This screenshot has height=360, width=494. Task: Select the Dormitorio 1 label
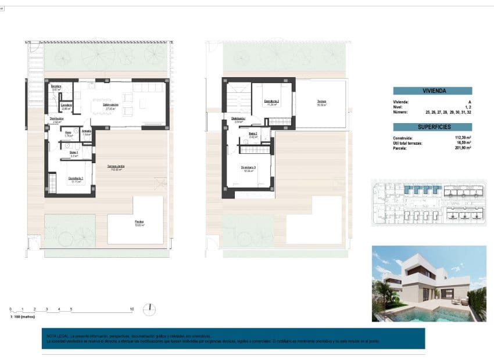click(x=76, y=178)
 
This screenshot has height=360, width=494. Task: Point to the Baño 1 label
click(x=74, y=153)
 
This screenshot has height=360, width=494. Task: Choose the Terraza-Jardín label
click(x=117, y=167)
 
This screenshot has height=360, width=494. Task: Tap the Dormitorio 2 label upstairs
click(x=272, y=102)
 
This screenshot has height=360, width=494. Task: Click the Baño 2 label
click(x=253, y=134)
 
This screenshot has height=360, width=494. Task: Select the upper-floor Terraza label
click(x=321, y=102)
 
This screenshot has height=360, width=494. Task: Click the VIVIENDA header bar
click(x=432, y=91)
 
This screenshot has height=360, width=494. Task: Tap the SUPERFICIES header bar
click(x=432, y=127)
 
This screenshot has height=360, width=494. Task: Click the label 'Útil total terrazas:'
click(x=410, y=143)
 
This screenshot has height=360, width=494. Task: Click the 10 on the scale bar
click(x=132, y=309)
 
